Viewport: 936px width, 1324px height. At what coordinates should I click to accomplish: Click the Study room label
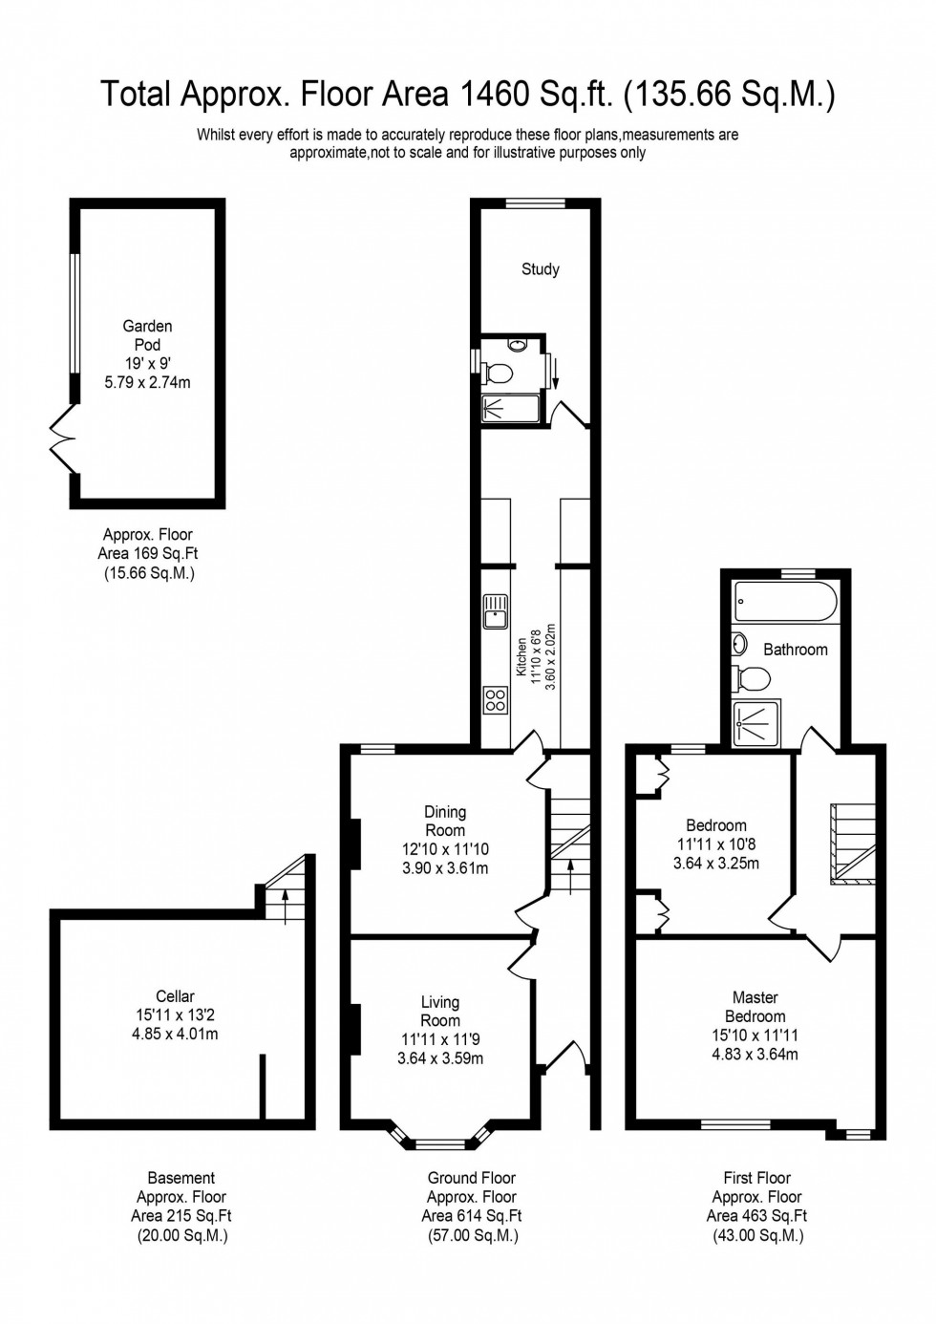(x=540, y=269)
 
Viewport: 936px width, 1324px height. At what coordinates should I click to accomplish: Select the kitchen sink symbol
(x=496, y=611)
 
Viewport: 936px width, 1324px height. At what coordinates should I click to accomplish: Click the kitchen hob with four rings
(x=496, y=699)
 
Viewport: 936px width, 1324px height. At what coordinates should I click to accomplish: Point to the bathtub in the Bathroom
(x=786, y=603)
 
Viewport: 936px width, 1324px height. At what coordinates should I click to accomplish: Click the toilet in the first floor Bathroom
(x=752, y=679)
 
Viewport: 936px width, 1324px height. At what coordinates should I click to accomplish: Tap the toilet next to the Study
(x=498, y=372)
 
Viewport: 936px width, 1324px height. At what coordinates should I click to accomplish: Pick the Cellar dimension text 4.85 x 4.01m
(x=175, y=1034)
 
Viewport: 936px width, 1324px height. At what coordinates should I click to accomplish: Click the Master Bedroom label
(x=755, y=1007)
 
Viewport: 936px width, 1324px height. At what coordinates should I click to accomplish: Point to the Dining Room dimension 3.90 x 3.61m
(x=445, y=868)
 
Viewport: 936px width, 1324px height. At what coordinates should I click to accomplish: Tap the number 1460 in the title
(x=495, y=94)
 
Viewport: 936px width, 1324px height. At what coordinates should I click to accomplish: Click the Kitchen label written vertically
(x=521, y=657)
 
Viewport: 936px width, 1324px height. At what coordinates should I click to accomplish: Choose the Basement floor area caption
(x=181, y=1207)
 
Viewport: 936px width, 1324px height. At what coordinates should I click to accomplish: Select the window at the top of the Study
(x=535, y=203)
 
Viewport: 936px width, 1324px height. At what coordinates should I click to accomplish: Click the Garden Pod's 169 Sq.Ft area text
(x=148, y=553)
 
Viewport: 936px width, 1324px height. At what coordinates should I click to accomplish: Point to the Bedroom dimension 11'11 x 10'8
(x=716, y=844)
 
